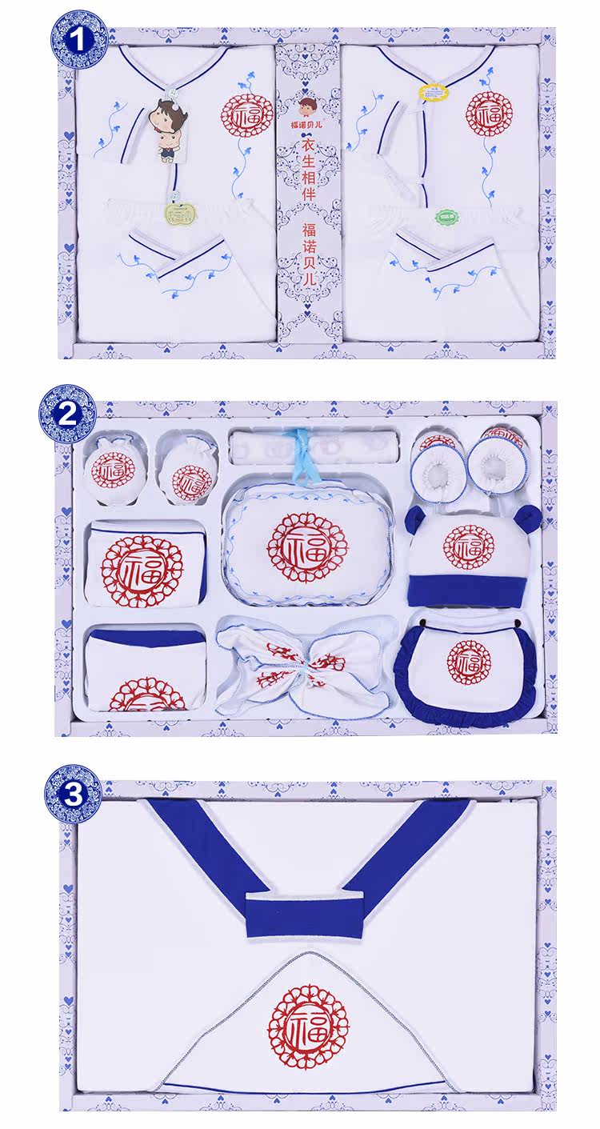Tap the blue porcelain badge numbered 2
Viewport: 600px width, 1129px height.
(x=68, y=413)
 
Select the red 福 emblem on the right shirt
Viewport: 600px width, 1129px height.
(x=486, y=113)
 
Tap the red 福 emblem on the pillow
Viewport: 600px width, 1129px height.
(x=307, y=547)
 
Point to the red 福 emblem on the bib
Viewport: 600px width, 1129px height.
(x=469, y=661)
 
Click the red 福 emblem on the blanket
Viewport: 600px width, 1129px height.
(x=308, y=1026)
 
